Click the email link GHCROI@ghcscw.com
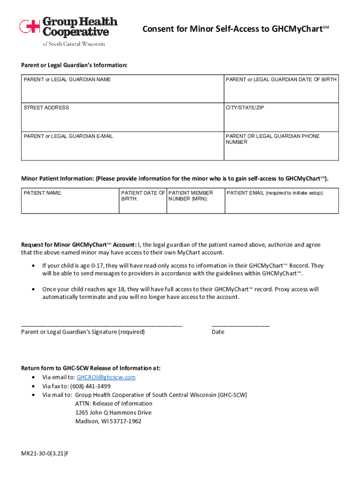(106, 377)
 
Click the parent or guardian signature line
(101, 324)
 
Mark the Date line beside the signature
(240, 324)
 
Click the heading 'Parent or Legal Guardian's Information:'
(74, 65)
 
